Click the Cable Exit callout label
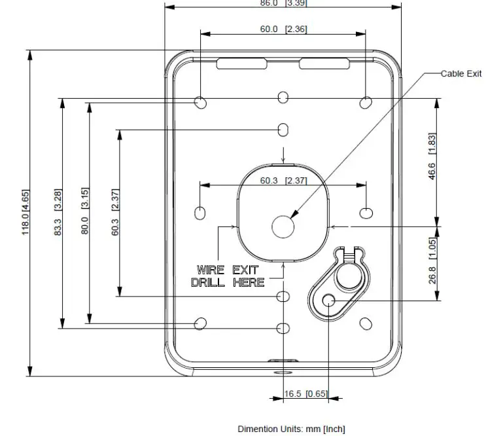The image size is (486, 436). click(x=461, y=74)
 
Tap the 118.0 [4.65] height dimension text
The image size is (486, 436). click(x=26, y=212)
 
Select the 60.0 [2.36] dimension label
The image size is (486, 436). click(x=284, y=29)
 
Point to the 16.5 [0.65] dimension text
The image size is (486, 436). click(x=306, y=393)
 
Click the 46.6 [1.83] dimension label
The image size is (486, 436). click(x=432, y=156)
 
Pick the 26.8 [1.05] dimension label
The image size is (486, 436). click(x=432, y=261)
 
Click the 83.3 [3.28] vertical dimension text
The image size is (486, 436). click(x=58, y=212)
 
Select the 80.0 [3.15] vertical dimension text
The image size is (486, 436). click(x=84, y=211)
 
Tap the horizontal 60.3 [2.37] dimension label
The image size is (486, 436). click(x=284, y=181)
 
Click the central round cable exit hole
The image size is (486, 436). click(x=283, y=227)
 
